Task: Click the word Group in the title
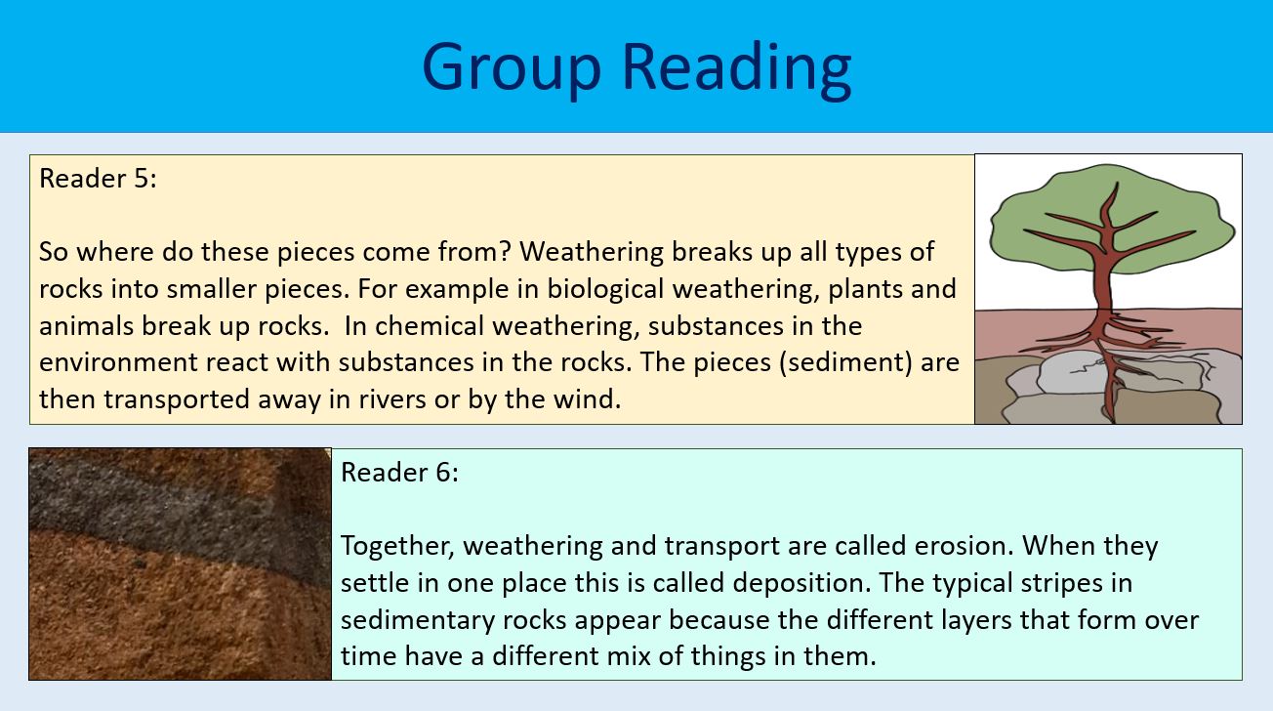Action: [513, 66]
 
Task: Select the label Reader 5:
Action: [98, 179]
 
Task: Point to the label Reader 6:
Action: [399, 473]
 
